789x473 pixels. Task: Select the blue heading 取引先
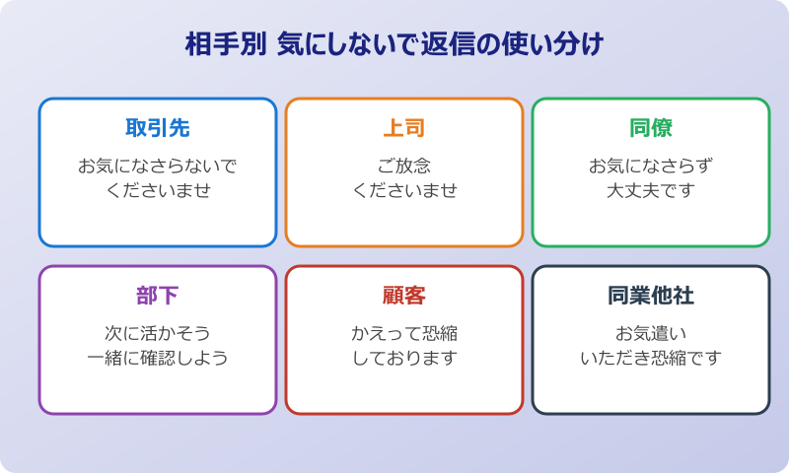click(x=158, y=128)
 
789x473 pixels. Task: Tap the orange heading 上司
click(x=404, y=128)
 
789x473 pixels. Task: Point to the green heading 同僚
click(x=651, y=128)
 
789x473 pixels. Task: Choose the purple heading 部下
click(x=158, y=296)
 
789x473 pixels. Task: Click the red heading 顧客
click(x=404, y=296)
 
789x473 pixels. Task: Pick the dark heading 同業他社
click(x=651, y=296)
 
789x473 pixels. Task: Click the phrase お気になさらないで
click(x=158, y=166)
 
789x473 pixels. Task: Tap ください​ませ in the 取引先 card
click(x=158, y=190)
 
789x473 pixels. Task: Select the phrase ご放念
click(x=404, y=166)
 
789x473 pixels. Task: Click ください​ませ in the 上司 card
click(x=404, y=190)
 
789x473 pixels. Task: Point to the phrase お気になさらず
click(x=651, y=166)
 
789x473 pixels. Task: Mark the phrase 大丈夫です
click(x=651, y=190)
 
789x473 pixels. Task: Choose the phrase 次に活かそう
click(x=158, y=333)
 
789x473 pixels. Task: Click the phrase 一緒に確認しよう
click(x=158, y=358)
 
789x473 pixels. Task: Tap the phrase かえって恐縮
click(x=404, y=333)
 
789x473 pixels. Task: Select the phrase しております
click(x=404, y=358)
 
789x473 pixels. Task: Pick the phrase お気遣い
click(x=651, y=333)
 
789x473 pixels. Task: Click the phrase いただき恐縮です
click(x=651, y=358)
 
